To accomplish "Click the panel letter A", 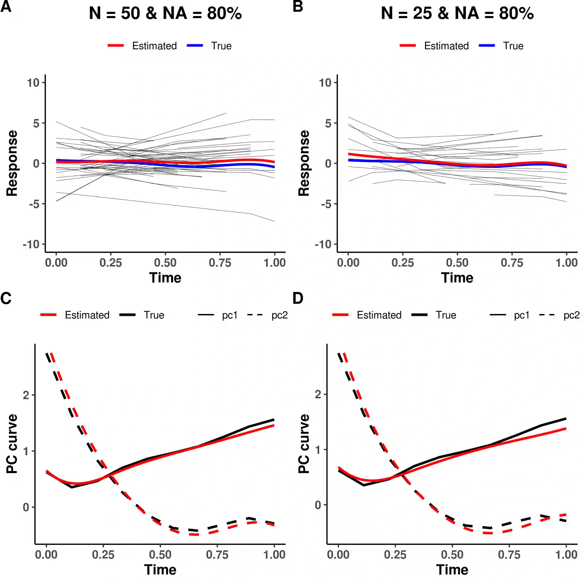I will (6, 6).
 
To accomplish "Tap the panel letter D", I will (298, 298).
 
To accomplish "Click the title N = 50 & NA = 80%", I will (165, 14).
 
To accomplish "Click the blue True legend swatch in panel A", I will (195, 46).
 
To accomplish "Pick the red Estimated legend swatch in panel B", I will (408, 46).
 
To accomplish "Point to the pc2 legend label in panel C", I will (279, 315).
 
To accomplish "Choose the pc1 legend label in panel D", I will (522, 315).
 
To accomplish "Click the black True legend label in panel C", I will (154, 315).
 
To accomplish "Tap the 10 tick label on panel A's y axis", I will (33, 83).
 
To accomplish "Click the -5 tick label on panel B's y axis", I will (326, 204).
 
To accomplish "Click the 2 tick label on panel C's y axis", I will (26, 395).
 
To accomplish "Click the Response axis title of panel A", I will (12, 163).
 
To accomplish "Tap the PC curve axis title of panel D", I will (304, 444).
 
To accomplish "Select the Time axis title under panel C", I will (160, 570).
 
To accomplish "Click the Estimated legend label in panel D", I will (379, 315).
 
